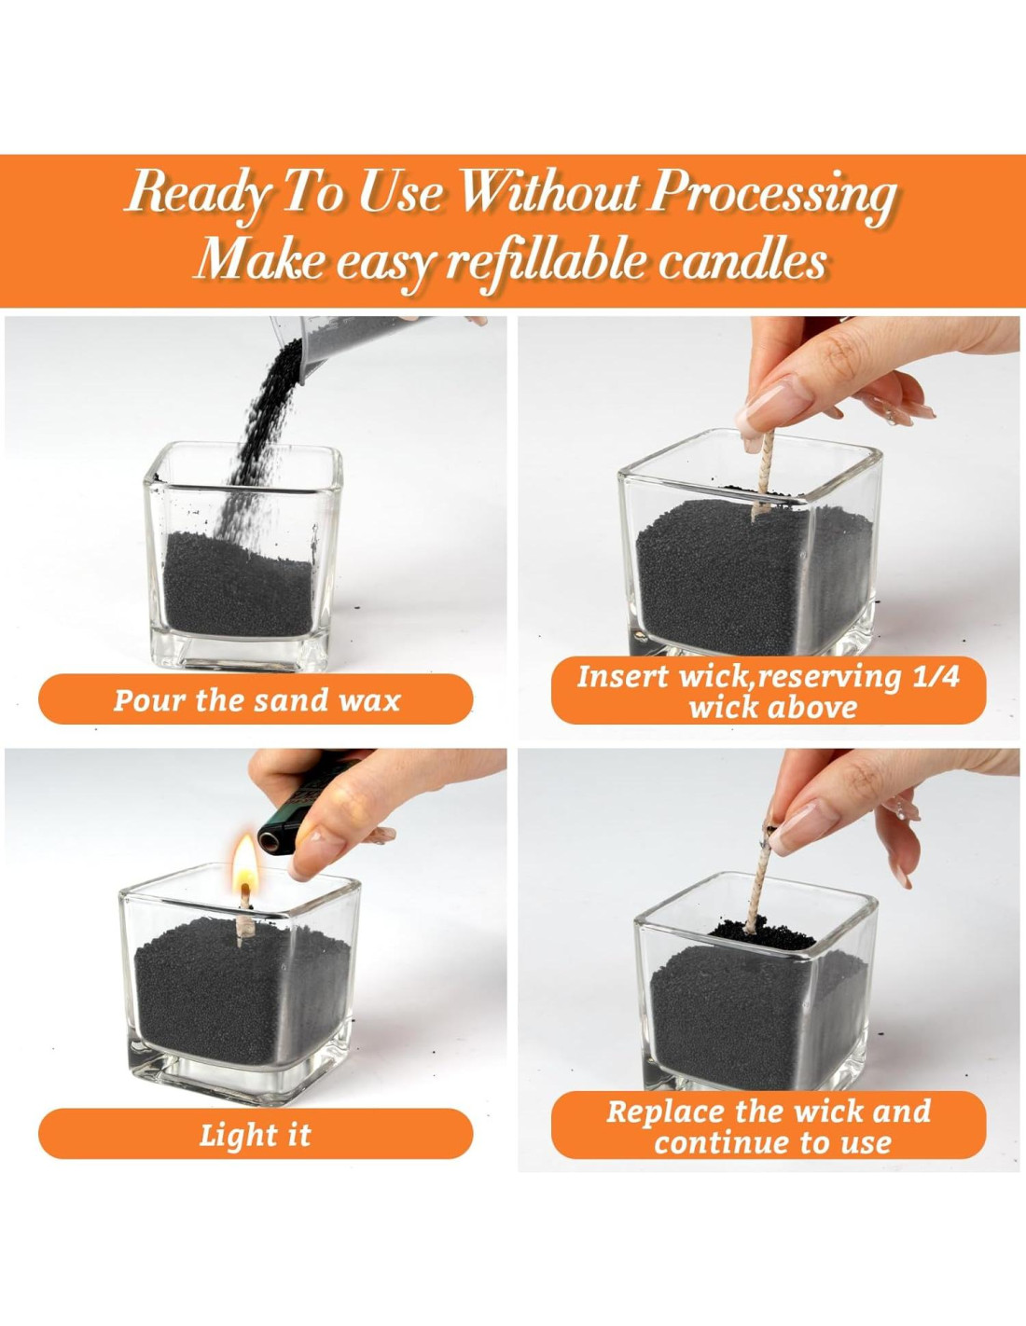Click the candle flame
[x=246, y=861]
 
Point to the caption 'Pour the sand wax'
[x=256, y=700]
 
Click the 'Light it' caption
[x=256, y=1152]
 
